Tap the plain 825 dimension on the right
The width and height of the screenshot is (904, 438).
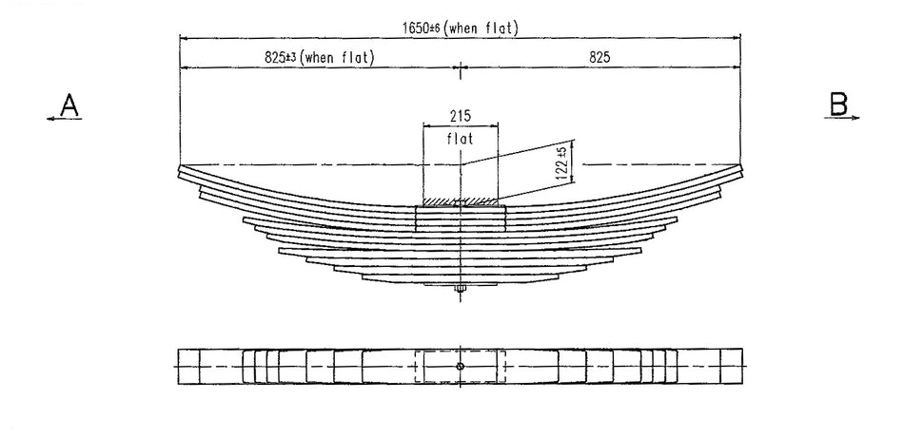pyautogui.click(x=599, y=57)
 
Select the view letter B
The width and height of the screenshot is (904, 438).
pyautogui.click(x=838, y=104)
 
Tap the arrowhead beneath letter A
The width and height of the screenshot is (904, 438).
pyautogui.click(x=49, y=118)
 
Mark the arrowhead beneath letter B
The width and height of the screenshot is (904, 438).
pyautogui.click(x=856, y=118)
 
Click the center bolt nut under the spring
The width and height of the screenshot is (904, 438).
pyautogui.click(x=461, y=289)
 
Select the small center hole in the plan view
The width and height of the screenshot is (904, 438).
pyautogui.click(x=461, y=367)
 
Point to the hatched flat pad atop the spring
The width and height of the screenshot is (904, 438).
pyautogui.click(x=461, y=201)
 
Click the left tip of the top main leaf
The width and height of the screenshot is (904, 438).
pyautogui.click(x=181, y=172)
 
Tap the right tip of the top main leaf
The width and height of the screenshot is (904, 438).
pyautogui.click(x=740, y=172)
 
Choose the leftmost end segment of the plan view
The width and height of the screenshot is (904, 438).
pyautogui.click(x=189, y=367)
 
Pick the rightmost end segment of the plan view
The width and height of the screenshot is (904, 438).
pyautogui.click(x=731, y=367)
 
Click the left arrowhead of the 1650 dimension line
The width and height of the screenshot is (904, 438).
pyautogui.click(x=184, y=39)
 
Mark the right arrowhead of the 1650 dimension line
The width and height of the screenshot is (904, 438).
pyautogui.click(x=738, y=39)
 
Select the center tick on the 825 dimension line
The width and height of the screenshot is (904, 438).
pyautogui.click(x=462, y=67)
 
